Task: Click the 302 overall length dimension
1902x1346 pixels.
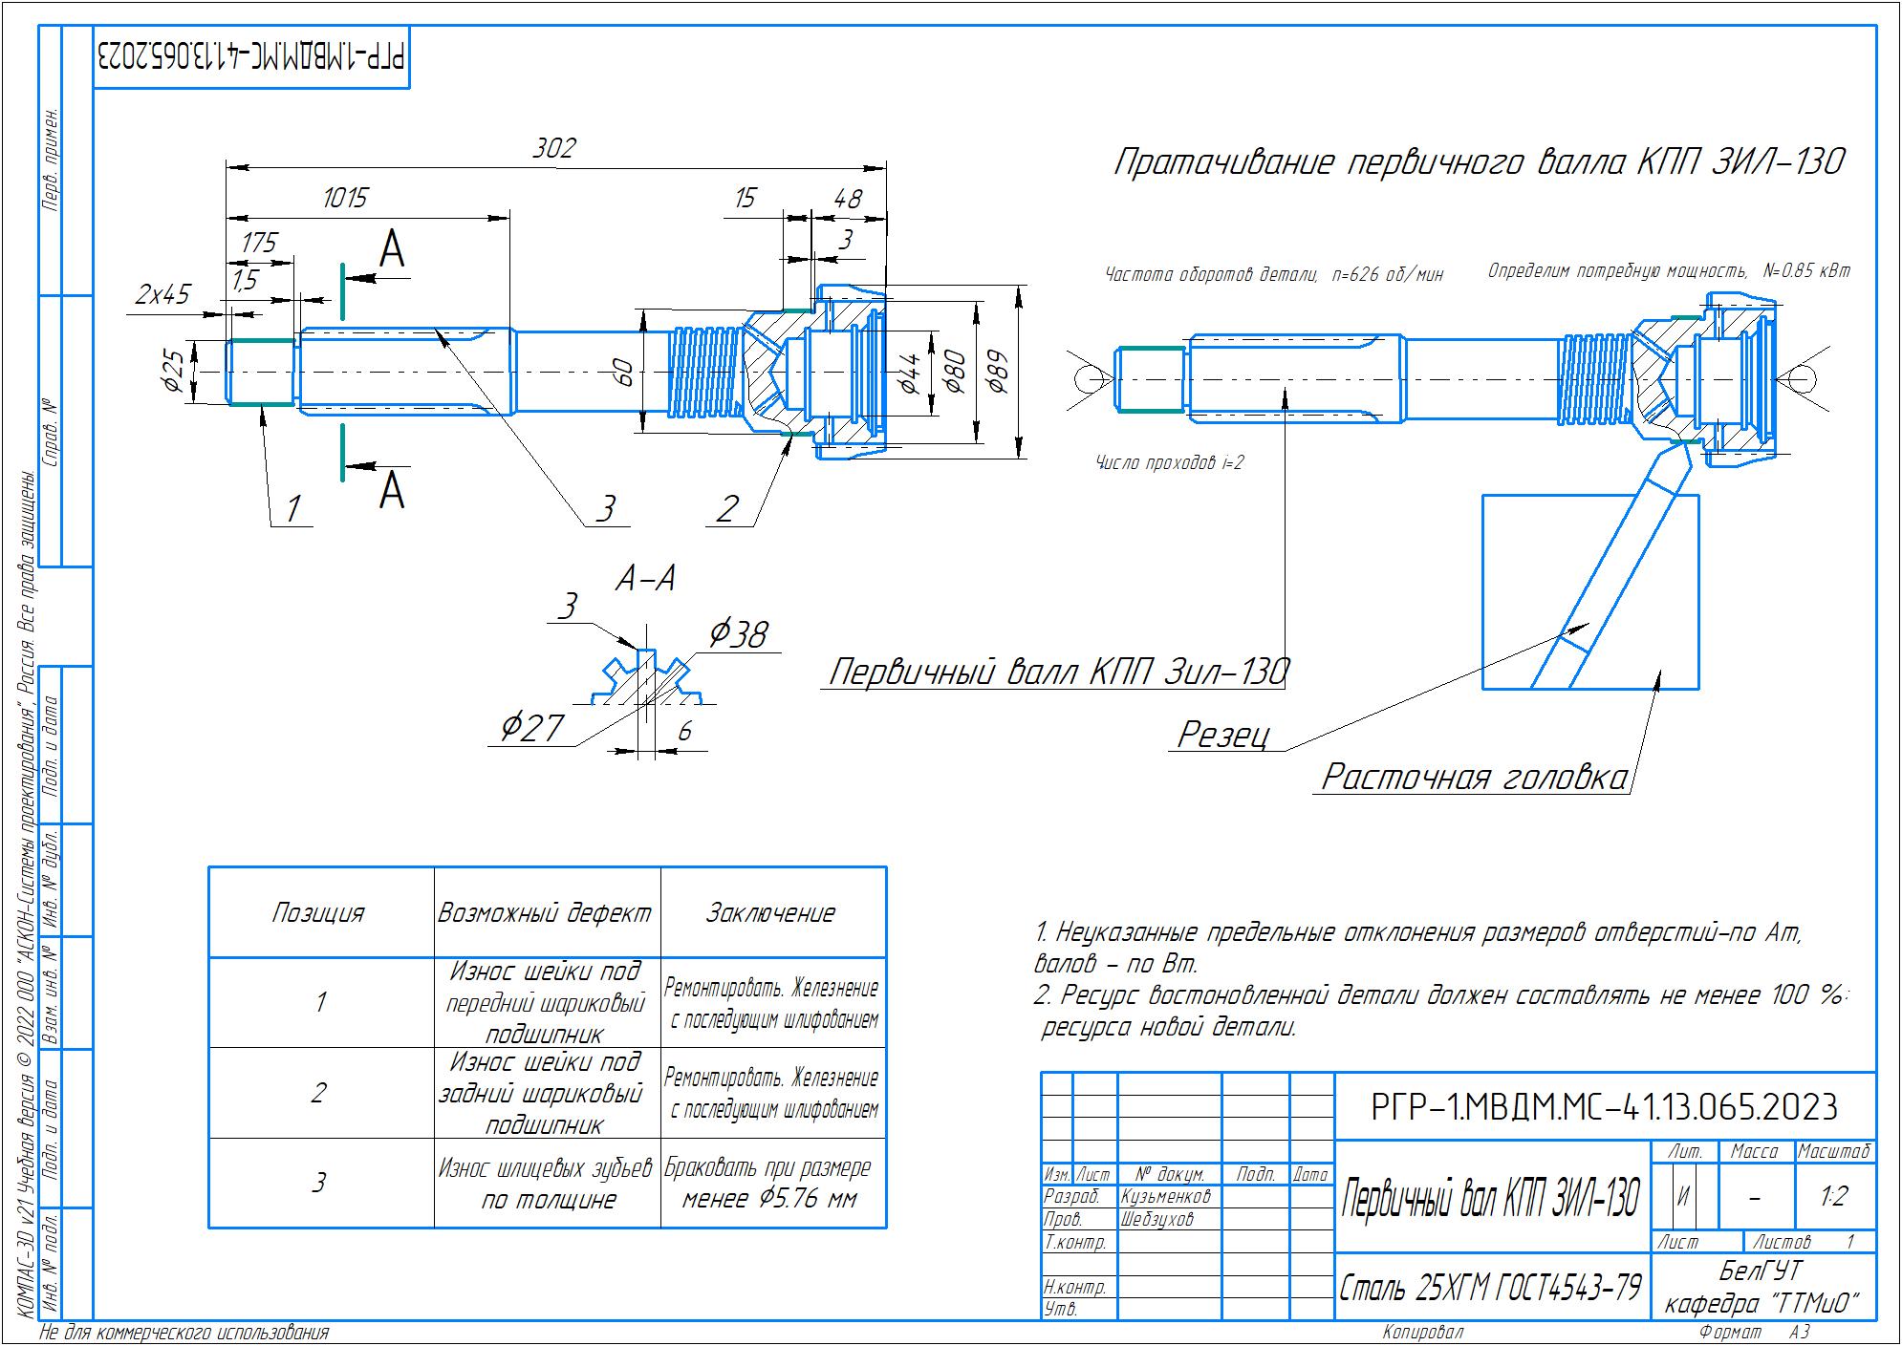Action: tap(554, 148)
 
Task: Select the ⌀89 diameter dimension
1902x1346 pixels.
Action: tap(999, 374)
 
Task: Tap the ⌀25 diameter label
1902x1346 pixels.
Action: tap(172, 371)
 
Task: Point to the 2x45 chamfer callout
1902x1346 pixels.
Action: tap(162, 294)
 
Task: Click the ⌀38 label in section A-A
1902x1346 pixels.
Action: tap(738, 633)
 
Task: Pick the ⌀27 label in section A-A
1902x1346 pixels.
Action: tap(532, 728)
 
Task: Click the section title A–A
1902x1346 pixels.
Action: tap(645, 578)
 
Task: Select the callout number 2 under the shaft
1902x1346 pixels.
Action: tap(728, 508)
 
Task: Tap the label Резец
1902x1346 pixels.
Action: tap(1224, 734)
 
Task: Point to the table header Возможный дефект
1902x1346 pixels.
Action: tap(545, 913)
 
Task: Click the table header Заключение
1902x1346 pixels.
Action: tap(770, 913)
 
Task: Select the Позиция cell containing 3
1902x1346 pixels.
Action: tap(319, 1183)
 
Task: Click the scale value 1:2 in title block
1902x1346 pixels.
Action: tap(1833, 1196)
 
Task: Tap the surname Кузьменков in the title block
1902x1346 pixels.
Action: tap(1166, 1196)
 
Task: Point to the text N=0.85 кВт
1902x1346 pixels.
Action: tap(1806, 271)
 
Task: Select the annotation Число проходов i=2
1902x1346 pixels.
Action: tap(1169, 463)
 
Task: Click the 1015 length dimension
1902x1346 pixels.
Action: tap(345, 198)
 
